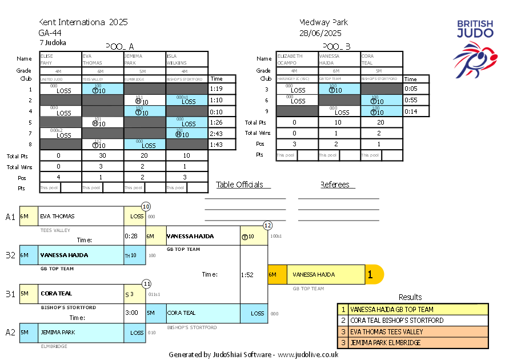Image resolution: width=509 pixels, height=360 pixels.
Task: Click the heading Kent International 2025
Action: (x=83, y=22)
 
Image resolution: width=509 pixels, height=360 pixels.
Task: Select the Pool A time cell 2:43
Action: (x=216, y=133)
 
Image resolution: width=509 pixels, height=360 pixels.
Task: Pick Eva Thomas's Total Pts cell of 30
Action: (x=103, y=155)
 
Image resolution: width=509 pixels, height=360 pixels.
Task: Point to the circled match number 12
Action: (x=267, y=225)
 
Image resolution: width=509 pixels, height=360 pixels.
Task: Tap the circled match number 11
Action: (x=147, y=283)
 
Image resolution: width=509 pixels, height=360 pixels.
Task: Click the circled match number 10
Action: (x=146, y=206)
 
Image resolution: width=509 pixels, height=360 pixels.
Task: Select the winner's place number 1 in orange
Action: (x=370, y=275)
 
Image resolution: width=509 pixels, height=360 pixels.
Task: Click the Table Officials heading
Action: (x=239, y=185)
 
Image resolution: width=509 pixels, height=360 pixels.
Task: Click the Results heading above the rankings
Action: (x=410, y=297)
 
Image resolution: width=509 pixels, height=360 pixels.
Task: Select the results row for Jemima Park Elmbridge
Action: (x=412, y=342)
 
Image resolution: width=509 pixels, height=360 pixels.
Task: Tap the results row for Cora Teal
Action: (x=412, y=321)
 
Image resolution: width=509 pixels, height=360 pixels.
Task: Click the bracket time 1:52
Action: (x=247, y=275)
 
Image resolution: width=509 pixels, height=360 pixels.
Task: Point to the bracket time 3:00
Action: (x=132, y=313)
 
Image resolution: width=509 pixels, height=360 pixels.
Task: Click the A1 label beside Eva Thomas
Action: (x=10, y=217)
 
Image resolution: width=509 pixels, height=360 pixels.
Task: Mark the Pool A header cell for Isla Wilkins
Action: (x=187, y=59)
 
